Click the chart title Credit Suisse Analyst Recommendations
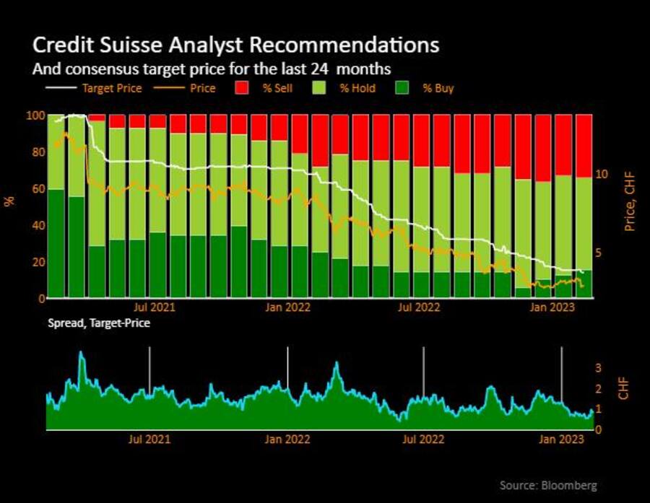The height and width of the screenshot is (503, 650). [x=235, y=45]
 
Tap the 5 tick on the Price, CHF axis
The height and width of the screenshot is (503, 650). [x=599, y=253]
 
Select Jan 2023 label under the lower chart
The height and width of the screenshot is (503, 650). [x=562, y=439]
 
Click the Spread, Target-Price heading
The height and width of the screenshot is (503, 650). [x=99, y=323]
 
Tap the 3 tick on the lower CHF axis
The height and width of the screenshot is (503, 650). [x=597, y=368]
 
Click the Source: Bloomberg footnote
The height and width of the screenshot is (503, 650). [x=548, y=485]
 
